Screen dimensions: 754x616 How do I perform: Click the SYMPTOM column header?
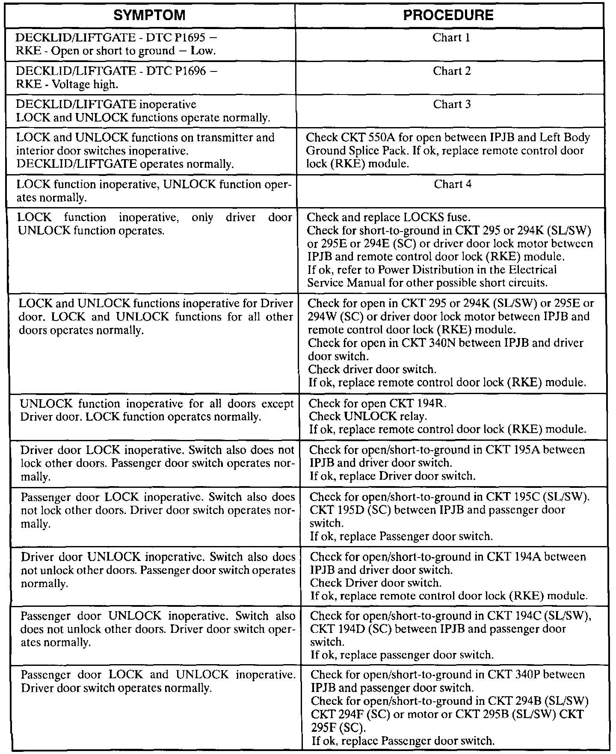150,15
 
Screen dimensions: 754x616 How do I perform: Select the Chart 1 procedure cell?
451,38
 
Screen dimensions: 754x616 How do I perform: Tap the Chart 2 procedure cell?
452,71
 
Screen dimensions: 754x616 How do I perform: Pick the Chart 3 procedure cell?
452,104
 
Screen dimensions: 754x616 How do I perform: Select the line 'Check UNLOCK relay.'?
368,416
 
